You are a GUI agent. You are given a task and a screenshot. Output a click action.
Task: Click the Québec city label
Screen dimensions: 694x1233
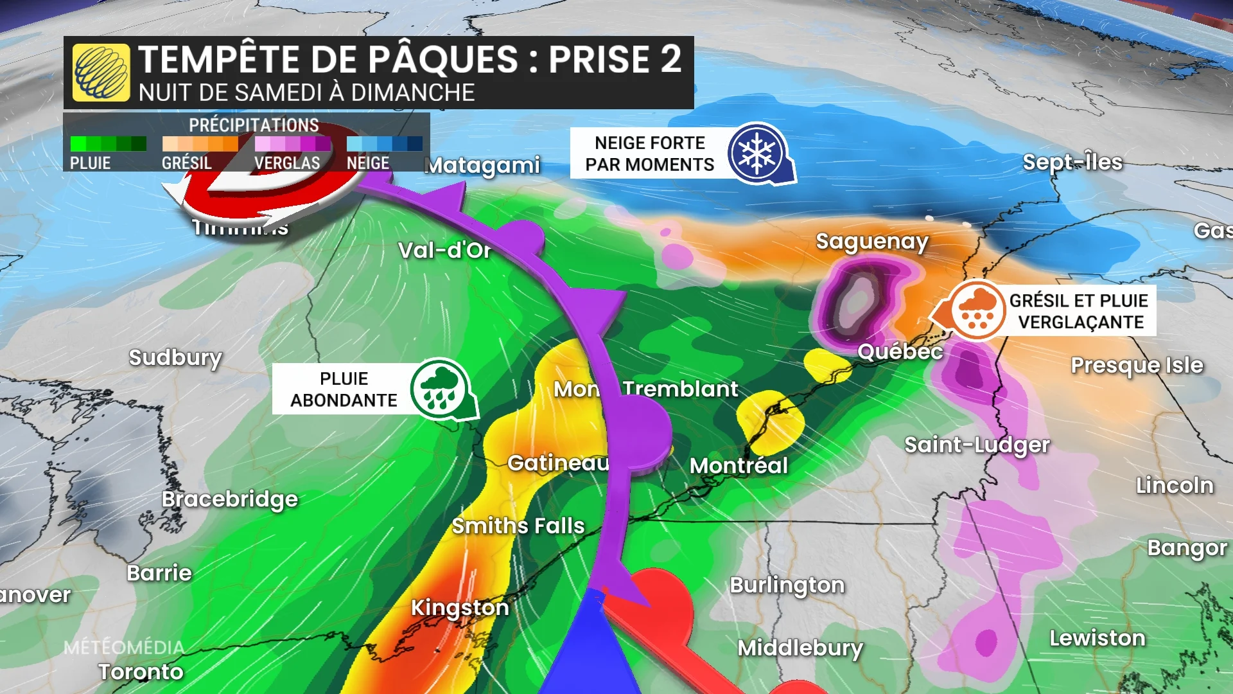tap(900, 351)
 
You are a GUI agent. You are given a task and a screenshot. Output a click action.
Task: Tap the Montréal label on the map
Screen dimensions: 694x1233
tap(739, 465)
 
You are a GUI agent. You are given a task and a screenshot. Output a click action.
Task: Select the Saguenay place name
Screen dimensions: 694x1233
tap(872, 242)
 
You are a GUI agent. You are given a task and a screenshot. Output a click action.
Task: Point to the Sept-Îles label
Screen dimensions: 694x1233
tap(1072, 162)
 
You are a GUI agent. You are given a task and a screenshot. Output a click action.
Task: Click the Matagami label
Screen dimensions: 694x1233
tap(483, 166)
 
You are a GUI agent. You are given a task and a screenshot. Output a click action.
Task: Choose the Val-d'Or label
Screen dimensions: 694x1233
tap(444, 250)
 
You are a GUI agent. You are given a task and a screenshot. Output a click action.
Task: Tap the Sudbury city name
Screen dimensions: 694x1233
tap(175, 357)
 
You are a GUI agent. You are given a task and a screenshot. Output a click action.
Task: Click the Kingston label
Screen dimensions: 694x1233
tap(460, 607)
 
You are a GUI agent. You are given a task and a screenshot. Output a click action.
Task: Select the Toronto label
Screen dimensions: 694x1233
tap(141, 672)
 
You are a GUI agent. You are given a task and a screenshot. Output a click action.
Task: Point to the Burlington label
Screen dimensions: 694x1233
tap(787, 585)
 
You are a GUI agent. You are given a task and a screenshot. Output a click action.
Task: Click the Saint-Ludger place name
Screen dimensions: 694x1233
tap(977, 445)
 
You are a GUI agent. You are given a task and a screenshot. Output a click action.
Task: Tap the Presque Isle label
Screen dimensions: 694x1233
tap(1137, 365)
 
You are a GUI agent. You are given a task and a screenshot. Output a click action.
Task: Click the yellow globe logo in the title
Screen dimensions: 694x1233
tap(101, 73)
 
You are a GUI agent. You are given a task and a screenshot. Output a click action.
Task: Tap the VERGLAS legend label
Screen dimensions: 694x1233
tap(287, 163)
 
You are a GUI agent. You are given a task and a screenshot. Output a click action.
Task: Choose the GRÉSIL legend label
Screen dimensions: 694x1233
tap(187, 163)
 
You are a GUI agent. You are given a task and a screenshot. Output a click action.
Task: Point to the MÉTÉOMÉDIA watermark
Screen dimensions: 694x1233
tap(124, 647)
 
